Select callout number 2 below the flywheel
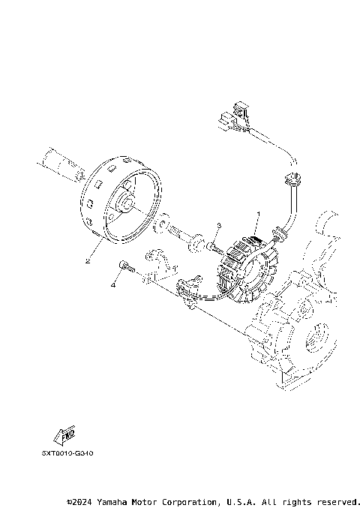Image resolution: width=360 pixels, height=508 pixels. coord(88,262)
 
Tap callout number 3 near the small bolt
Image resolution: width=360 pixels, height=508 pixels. coord(218,225)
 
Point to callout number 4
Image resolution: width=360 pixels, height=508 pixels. coord(113,285)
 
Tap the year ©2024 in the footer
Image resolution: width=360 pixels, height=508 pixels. coord(80,500)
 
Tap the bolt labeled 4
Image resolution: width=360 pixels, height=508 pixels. coord(125,266)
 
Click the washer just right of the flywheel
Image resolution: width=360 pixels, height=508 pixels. coord(161,224)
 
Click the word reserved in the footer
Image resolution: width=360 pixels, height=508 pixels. coord(337,500)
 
